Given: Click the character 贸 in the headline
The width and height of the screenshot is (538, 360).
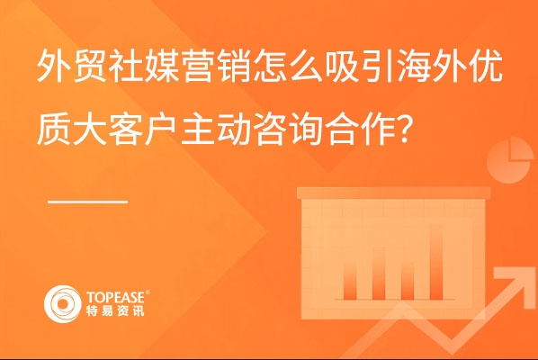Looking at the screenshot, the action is tap(90, 66).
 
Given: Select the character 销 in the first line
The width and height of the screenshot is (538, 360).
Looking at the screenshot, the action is tap(234, 66).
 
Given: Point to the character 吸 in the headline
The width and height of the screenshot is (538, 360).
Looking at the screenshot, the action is tap(342, 66).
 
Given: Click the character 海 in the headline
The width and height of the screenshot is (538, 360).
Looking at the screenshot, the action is tap(415, 66).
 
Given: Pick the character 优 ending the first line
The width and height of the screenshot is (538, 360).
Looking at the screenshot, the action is tap(486, 66).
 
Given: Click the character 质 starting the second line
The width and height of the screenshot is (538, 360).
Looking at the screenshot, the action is tap(53, 129).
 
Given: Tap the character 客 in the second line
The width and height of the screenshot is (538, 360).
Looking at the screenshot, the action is tap(126, 129).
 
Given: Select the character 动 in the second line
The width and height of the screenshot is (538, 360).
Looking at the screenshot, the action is tap(234, 129).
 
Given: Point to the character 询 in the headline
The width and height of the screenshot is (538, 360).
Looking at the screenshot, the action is tap(306, 129).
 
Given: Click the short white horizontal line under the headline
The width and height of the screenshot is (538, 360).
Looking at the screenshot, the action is tap(88, 202).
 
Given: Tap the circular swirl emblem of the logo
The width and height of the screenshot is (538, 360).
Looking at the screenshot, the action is tap(62, 304).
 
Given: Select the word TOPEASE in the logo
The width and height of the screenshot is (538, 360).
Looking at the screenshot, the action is tap(116, 297).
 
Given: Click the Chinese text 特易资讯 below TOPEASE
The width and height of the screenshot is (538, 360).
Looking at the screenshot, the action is tap(115, 310).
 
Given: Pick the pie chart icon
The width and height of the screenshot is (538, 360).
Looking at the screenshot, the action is tap(510, 160).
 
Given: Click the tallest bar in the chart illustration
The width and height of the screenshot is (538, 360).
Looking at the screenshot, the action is tap(436, 262).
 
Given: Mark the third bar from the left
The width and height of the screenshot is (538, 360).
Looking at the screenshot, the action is tap(408, 281).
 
